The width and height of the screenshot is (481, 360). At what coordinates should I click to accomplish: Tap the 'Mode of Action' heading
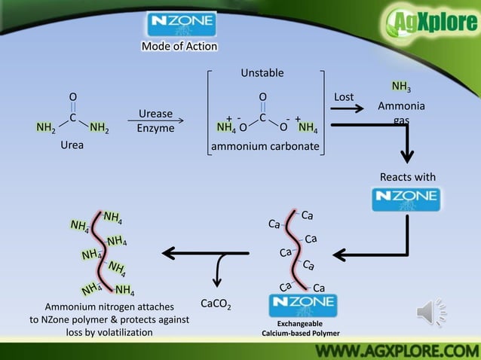point(179,47)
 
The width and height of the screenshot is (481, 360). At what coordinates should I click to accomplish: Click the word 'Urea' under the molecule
point(72,145)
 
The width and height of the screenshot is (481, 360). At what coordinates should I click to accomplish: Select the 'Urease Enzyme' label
point(155,121)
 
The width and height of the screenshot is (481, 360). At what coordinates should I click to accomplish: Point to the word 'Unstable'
point(262,73)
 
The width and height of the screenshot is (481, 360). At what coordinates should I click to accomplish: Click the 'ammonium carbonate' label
point(265,146)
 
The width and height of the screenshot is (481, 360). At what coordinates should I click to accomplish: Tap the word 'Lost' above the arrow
point(344,97)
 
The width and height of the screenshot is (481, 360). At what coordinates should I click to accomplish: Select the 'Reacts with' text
point(407,177)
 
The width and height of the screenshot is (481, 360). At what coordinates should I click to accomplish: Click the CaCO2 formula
point(216,304)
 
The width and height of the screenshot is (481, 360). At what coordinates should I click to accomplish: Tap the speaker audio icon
point(430,312)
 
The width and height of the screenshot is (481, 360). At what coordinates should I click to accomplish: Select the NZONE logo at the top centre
point(179,22)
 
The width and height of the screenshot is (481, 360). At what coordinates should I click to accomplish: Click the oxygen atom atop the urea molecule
point(72,97)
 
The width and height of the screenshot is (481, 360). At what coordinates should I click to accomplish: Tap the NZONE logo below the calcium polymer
point(303,305)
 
